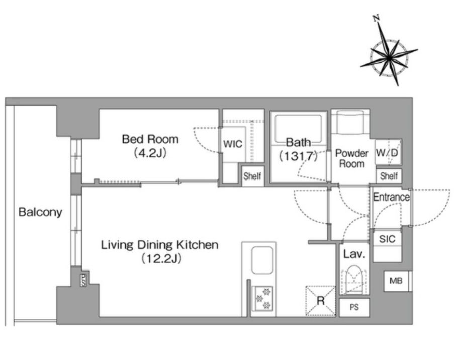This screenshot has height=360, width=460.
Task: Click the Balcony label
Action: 40,212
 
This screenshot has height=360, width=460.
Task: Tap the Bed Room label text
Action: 150,139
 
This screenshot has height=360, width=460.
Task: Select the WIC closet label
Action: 233,144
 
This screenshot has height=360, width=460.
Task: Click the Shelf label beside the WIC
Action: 252,176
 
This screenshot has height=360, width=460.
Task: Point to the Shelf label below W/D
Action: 389,176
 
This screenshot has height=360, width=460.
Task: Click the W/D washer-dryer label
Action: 387,152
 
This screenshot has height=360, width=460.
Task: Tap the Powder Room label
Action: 352,158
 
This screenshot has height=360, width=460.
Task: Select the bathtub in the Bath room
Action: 298,129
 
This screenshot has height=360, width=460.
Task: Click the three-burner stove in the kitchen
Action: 262,299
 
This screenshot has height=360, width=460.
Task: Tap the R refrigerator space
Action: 321,301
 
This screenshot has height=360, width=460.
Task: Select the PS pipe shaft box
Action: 354,308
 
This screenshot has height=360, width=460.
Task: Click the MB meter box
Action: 396,281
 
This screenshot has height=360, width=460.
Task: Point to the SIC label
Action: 387,239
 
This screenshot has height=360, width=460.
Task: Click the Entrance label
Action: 391,197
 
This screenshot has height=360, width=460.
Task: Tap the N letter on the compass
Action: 377,18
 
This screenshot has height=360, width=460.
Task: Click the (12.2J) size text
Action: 161,259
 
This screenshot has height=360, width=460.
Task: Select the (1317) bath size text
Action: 298,156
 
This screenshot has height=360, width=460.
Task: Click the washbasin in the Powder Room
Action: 350,122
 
